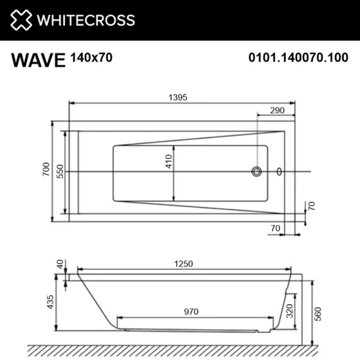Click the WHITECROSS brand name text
point(86,20)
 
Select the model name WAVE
point(37,60)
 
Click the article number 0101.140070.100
point(298,58)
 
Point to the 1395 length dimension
point(179,98)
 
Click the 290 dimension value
point(277,110)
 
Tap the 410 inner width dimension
point(169,161)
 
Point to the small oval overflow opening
point(278,172)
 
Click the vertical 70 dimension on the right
point(311,206)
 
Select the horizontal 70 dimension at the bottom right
point(276,227)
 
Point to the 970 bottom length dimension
point(191,311)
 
